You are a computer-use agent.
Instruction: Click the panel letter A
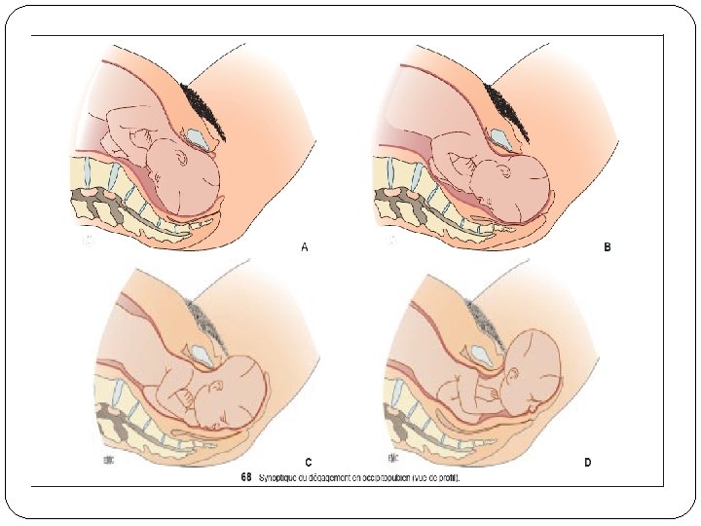point(305,247)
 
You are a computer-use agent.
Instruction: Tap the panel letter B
point(607,247)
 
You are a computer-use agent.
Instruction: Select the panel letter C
point(308,461)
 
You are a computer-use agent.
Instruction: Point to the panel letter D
point(587,461)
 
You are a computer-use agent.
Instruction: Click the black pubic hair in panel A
point(206,105)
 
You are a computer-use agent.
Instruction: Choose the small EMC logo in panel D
point(391,455)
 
